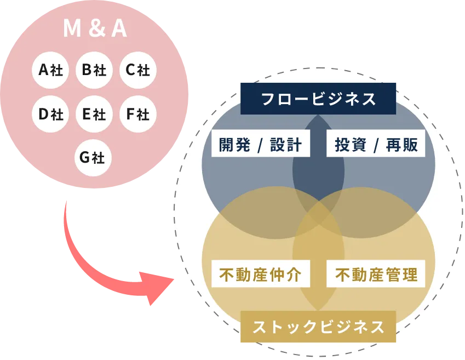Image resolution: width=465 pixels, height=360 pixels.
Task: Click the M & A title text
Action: pyautogui.click(x=95, y=29)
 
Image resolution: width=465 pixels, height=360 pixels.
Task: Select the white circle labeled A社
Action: pyautogui.click(x=50, y=70)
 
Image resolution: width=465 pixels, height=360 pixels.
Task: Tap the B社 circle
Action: pyautogui.click(x=94, y=70)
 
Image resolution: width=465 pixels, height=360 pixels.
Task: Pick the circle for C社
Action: pyautogui.click(x=137, y=70)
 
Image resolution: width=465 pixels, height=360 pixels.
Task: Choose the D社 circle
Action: pyautogui.click(x=50, y=114)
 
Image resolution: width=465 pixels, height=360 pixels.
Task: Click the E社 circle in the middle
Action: pyautogui.click(x=94, y=114)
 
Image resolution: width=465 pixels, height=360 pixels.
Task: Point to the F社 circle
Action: pyautogui.click(x=137, y=114)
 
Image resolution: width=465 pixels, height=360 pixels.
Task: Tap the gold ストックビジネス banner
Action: pyautogui.click(x=318, y=327)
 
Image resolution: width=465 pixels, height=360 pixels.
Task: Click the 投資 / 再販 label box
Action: pyautogui.click(x=376, y=145)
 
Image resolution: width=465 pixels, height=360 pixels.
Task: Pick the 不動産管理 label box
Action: pyautogui.click(x=376, y=275)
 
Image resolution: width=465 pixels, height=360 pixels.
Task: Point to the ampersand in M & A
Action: pyautogui.click(x=95, y=29)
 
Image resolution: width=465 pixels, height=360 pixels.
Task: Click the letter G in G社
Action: pyautogui.click(x=84, y=158)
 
